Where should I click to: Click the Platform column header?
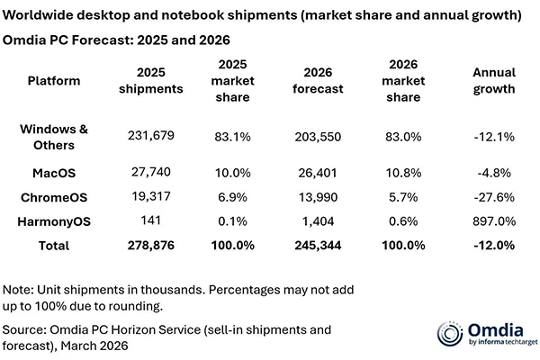coord(54,81)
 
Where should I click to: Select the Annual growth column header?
coord(494,81)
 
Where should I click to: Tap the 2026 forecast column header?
coord(321,81)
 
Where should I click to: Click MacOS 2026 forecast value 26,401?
coord(321,171)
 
